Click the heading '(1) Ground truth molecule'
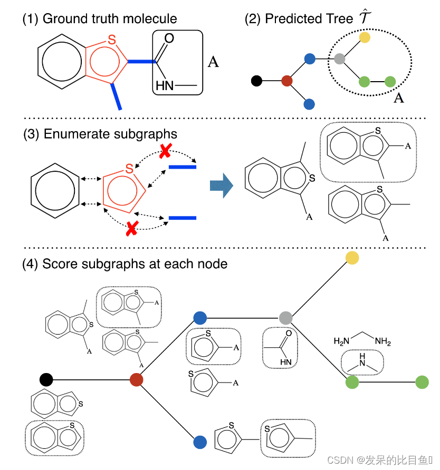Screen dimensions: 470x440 tap(99, 19)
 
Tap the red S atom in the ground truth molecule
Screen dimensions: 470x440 tap(111, 39)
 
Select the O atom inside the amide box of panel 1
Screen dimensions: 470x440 tap(169, 38)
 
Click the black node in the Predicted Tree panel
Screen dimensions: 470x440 tap(256, 81)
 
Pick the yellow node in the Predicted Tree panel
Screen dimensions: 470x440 tap(365, 37)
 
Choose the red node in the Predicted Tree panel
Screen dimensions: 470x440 tap(286, 81)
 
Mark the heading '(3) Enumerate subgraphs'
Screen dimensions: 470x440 tap(100, 134)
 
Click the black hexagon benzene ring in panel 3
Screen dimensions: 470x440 tap(55, 187)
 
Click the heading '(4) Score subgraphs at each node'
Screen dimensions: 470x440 tap(125, 263)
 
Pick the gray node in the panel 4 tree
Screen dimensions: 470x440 tap(285, 318)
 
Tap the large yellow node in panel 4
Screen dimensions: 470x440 tap(352, 257)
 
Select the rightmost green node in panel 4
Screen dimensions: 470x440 tap(422, 382)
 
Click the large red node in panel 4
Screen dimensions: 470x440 tap(137, 379)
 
